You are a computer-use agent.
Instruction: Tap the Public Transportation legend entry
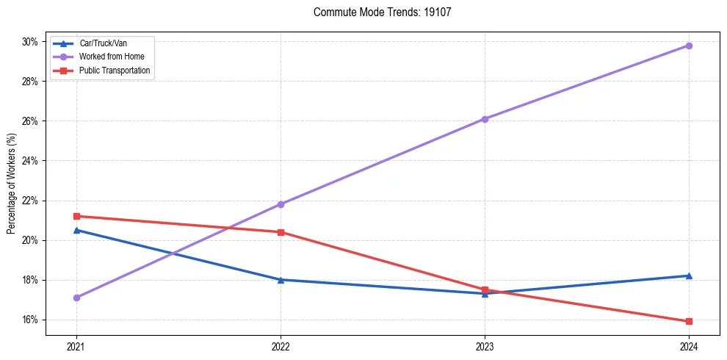coord(115,71)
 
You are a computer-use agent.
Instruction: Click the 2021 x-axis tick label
coord(76,346)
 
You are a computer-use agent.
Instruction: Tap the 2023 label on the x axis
coord(485,346)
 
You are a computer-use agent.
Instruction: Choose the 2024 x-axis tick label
coord(689,346)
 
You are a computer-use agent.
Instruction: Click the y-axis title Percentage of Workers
coord(12,183)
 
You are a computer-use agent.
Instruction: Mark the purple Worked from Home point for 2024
coord(689,46)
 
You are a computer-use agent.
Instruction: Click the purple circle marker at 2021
coord(76,298)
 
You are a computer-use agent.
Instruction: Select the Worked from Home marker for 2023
coord(485,119)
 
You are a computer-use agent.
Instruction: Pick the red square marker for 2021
coord(76,216)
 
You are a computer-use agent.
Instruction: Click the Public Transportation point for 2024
coord(689,321)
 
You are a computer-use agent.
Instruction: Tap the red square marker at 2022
coord(281,232)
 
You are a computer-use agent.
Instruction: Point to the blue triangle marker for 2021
coord(76,230)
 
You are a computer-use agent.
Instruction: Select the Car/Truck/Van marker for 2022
coord(281,279)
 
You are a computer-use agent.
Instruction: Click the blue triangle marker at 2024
coord(689,276)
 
